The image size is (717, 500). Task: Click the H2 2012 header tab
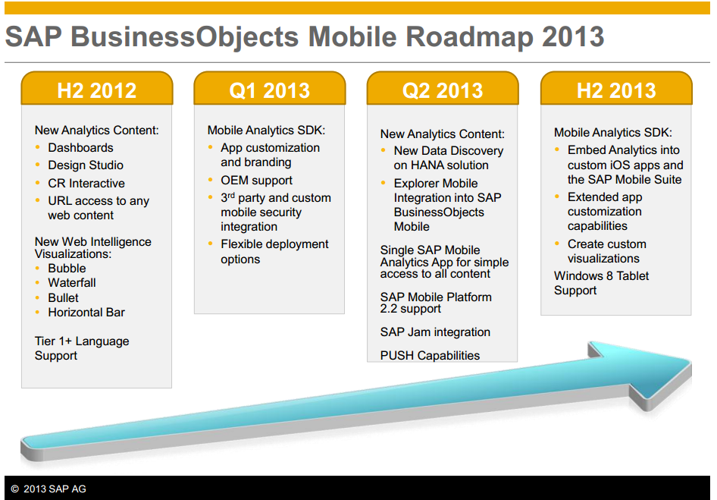(x=96, y=90)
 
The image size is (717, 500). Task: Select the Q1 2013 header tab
(x=269, y=90)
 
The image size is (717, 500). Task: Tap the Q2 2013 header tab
(x=442, y=90)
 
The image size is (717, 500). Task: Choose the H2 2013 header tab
(x=615, y=90)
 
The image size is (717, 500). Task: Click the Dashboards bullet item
(x=80, y=148)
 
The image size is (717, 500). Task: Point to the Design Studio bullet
(x=86, y=165)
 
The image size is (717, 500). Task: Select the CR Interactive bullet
(x=86, y=184)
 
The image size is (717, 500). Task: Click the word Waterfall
(x=72, y=283)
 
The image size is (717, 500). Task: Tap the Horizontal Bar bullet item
(x=86, y=313)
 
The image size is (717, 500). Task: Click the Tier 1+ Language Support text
(x=82, y=348)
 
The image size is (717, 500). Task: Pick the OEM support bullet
(x=256, y=181)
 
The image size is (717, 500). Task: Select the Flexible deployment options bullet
(x=274, y=251)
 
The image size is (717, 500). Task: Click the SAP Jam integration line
(x=435, y=332)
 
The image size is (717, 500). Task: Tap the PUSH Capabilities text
(x=430, y=355)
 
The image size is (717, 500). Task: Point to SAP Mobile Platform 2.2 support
(x=436, y=303)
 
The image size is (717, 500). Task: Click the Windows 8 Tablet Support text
(x=601, y=283)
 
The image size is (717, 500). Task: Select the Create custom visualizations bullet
(x=606, y=251)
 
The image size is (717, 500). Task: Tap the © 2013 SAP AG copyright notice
(x=49, y=489)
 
